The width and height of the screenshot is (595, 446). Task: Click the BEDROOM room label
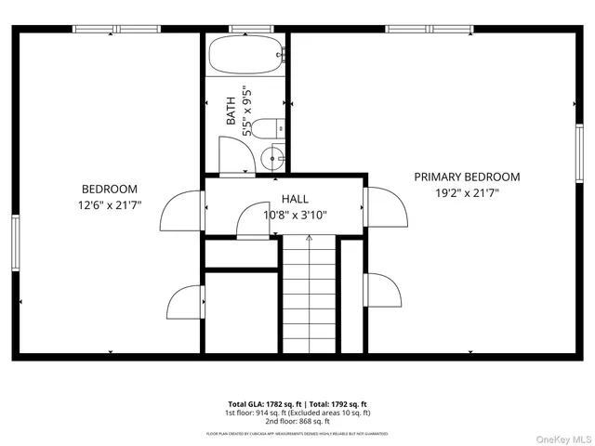(x=109, y=188)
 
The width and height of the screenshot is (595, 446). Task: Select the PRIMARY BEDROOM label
(x=467, y=177)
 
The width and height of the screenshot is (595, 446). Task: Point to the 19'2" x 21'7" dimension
(x=467, y=193)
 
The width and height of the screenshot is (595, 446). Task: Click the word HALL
(x=295, y=199)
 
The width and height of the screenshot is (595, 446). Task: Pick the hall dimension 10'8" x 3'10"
(x=296, y=215)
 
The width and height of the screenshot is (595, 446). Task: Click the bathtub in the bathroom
(x=245, y=56)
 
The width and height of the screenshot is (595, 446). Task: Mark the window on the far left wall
(x=15, y=243)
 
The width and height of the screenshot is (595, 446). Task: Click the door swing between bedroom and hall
(x=182, y=211)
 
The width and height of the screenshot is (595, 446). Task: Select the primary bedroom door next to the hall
(x=386, y=208)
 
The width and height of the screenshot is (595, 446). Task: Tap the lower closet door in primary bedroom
(x=386, y=293)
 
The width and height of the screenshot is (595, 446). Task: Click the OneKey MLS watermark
(x=561, y=437)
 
